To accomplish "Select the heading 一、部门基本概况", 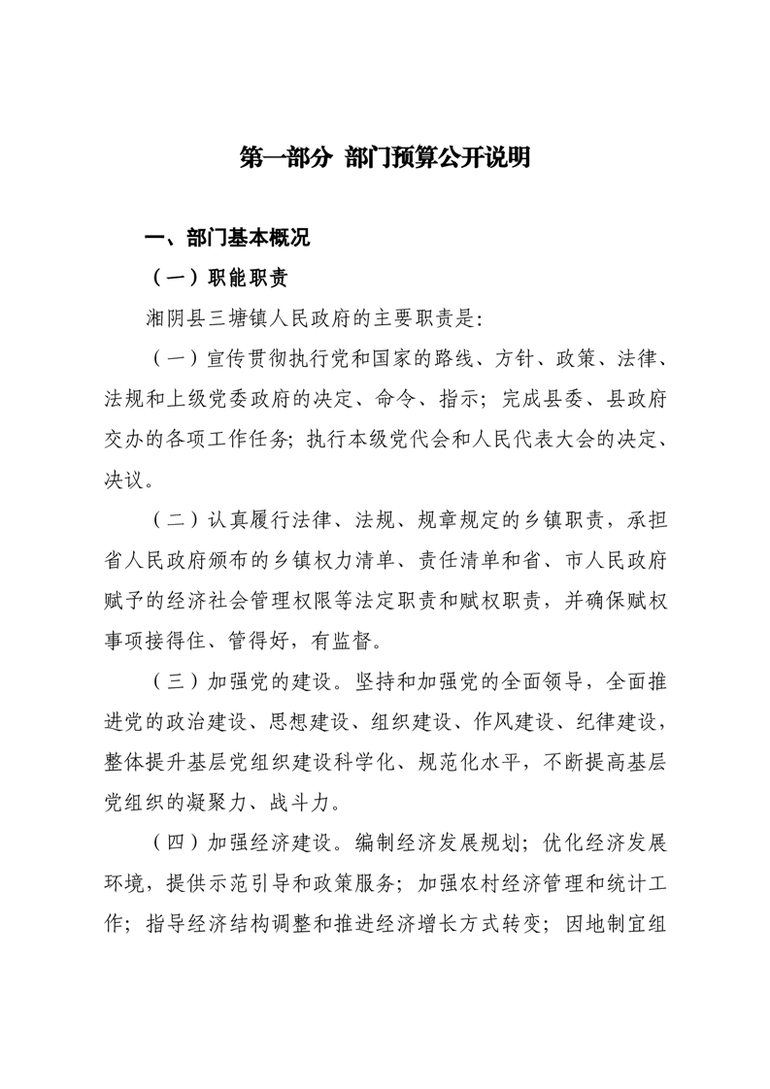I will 226,239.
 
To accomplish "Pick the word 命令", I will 422,398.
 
